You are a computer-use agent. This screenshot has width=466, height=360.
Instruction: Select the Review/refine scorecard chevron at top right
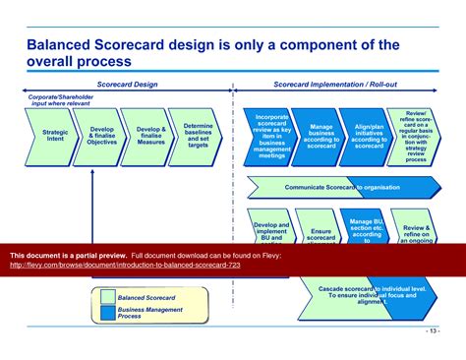click(417, 136)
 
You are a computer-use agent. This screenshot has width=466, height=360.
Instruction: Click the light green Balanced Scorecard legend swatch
click(106, 296)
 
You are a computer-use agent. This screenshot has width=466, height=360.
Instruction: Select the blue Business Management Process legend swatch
click(106, 314)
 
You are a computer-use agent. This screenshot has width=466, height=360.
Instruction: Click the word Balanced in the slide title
click(66, 44)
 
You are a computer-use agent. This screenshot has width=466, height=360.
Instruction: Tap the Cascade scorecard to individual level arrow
click(374, 293)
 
